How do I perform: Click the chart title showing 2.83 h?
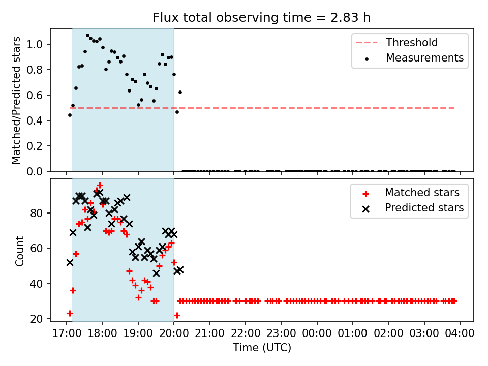click(261, 17)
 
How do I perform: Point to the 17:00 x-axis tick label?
click(67, 333)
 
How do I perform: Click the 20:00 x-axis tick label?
click(174, 333)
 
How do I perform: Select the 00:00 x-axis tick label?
click(317, 333)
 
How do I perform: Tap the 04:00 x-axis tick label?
click(460, 333)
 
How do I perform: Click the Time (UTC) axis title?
click(262, 347)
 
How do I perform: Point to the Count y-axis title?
click(19, 251)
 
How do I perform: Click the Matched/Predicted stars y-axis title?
click(16, 100)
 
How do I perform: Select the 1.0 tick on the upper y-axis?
click(35, 45)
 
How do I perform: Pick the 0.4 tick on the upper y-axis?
click(35, 121)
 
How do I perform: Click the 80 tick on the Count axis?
click(37, 213)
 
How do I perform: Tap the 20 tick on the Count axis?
click(37, 319)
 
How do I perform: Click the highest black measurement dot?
click(88, 36)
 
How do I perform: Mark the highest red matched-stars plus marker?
click(100, 186)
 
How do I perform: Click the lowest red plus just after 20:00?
click(177, 315)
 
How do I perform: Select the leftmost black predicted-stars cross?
click(70, 263)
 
